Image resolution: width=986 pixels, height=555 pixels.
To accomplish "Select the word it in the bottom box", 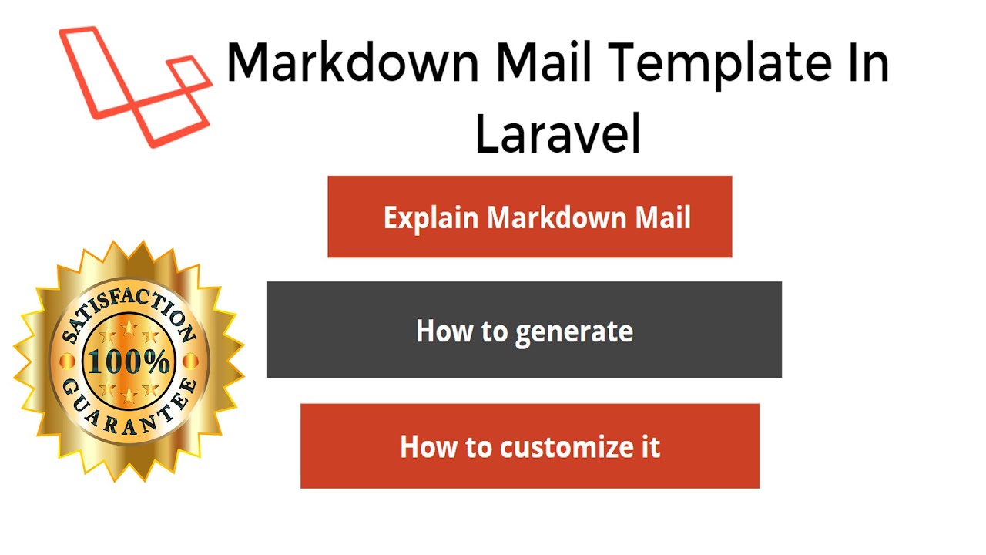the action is click(651, 446).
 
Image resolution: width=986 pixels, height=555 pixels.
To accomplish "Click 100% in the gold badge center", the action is click(129, 362).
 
